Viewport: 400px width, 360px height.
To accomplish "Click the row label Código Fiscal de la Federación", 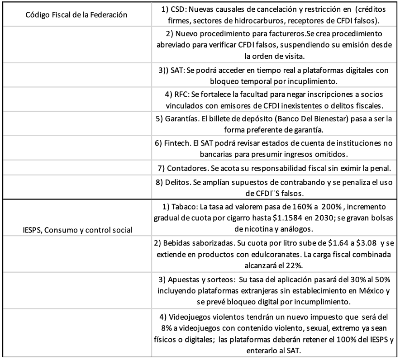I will (x=76, y=14).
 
